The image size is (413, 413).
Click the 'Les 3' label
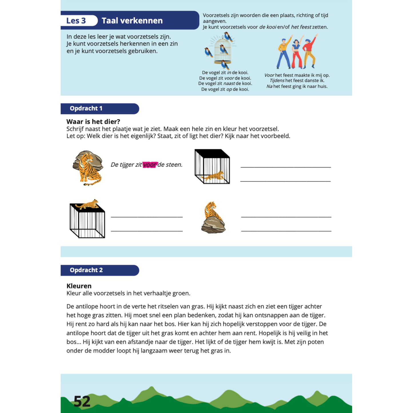point(76,21)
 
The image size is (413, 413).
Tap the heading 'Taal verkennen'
point(132,21)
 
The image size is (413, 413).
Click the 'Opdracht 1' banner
point(86,108)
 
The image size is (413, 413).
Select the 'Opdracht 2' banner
point(86,270)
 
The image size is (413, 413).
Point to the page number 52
point(82,401)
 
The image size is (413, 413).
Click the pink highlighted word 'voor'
point(150,165)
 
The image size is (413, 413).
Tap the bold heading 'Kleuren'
point(79,286)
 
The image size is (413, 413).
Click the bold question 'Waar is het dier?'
point(93,121)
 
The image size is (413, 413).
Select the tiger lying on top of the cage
point(88,204)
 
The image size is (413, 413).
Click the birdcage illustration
point(223,51)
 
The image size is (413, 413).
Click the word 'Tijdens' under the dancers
point(277,81)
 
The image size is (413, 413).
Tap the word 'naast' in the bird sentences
point(229,83)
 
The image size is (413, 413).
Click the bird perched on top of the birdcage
point(228,37)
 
